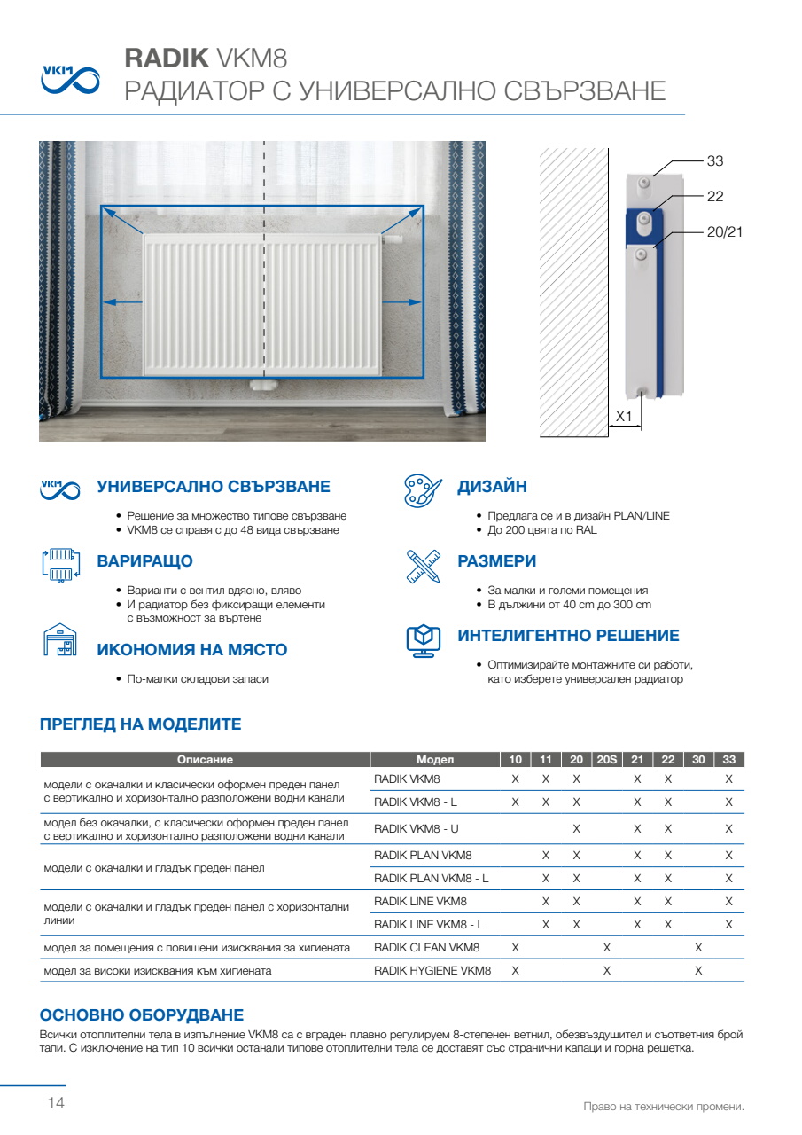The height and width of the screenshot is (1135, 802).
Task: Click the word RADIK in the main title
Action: (x=167, y=59)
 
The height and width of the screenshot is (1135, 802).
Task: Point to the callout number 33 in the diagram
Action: (x=715, y=161)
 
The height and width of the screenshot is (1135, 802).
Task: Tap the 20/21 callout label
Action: (x=724, y=231)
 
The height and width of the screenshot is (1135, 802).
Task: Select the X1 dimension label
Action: (x=624, y=416)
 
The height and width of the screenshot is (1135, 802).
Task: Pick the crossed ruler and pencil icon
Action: (x=423, y=565)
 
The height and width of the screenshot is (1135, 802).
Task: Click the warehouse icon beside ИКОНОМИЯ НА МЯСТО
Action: (x=59, y=640)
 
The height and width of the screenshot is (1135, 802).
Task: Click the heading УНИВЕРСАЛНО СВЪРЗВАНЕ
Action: (x=213, y=487)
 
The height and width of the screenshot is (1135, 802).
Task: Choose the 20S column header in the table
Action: (x=606, y=760)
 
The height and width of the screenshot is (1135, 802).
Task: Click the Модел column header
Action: (x=434, y=760)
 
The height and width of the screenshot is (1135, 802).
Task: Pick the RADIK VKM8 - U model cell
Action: (x=417, y=828)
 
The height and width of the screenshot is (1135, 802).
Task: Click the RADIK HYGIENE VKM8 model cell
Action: (x=432, y=971)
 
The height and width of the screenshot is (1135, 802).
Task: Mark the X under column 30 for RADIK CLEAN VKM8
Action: (x=698, y=948)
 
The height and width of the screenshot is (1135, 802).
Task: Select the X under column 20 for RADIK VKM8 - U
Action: (x=576, y=828)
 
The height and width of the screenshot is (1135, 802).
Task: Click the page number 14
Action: (x=56, y=1104)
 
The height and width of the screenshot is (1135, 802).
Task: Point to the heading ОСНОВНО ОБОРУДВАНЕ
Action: (x=142, y=1015)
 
